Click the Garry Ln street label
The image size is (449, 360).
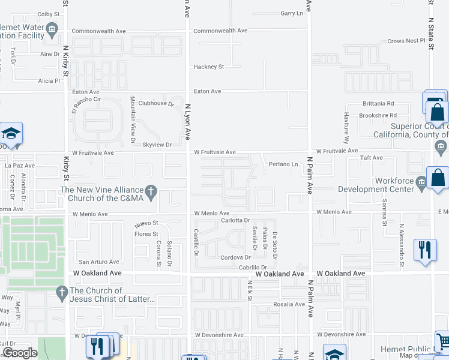[x=292, y=13]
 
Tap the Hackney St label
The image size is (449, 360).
[x=208, y=67]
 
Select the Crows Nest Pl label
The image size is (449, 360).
[x=406, y=41]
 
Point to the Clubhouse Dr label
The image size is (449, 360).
[x=155, y=103]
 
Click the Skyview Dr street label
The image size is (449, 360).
[x=157, y=145]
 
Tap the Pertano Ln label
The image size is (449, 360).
[x=283, y=164]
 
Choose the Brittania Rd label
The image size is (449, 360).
[x=378, y=103]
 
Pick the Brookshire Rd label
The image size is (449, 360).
[x=378, y=115]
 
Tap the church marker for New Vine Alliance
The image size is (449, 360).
[x=151, y=191]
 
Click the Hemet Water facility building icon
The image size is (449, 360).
[x=52, y=28]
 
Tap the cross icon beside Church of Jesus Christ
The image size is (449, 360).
[x=61, y=293]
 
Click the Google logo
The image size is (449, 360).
[x=20, y=352]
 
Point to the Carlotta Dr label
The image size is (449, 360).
[x=234, y=221]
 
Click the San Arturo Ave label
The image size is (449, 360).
[x=100, y=262]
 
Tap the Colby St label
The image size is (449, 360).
[x=49, y=13]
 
